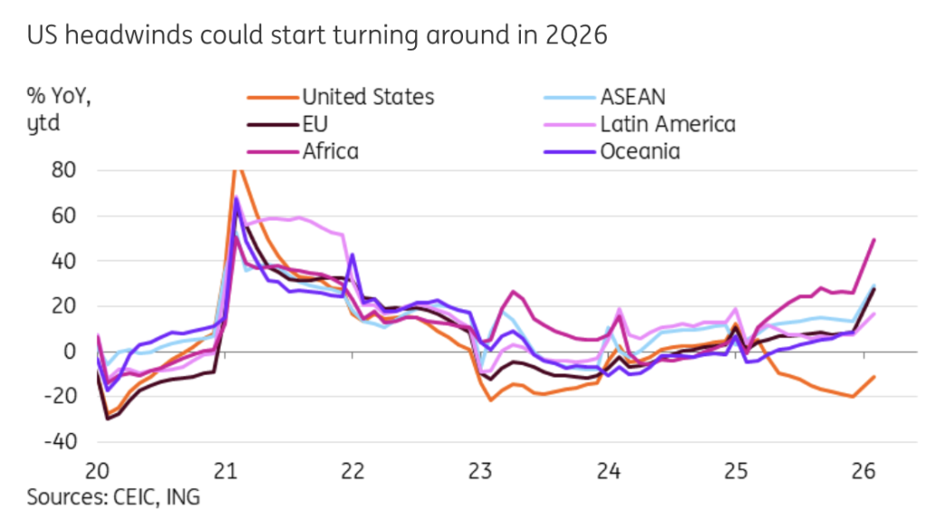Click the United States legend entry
point(367,97)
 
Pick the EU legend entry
point(315,124)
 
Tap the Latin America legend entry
point(667,124)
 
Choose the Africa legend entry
point(330,151)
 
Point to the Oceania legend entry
point(639,151)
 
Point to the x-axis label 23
point(480,471)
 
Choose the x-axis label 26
point(864,471)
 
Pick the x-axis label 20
point(98,471)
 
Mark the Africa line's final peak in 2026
point(874,240)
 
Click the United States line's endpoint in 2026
point(874,376)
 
